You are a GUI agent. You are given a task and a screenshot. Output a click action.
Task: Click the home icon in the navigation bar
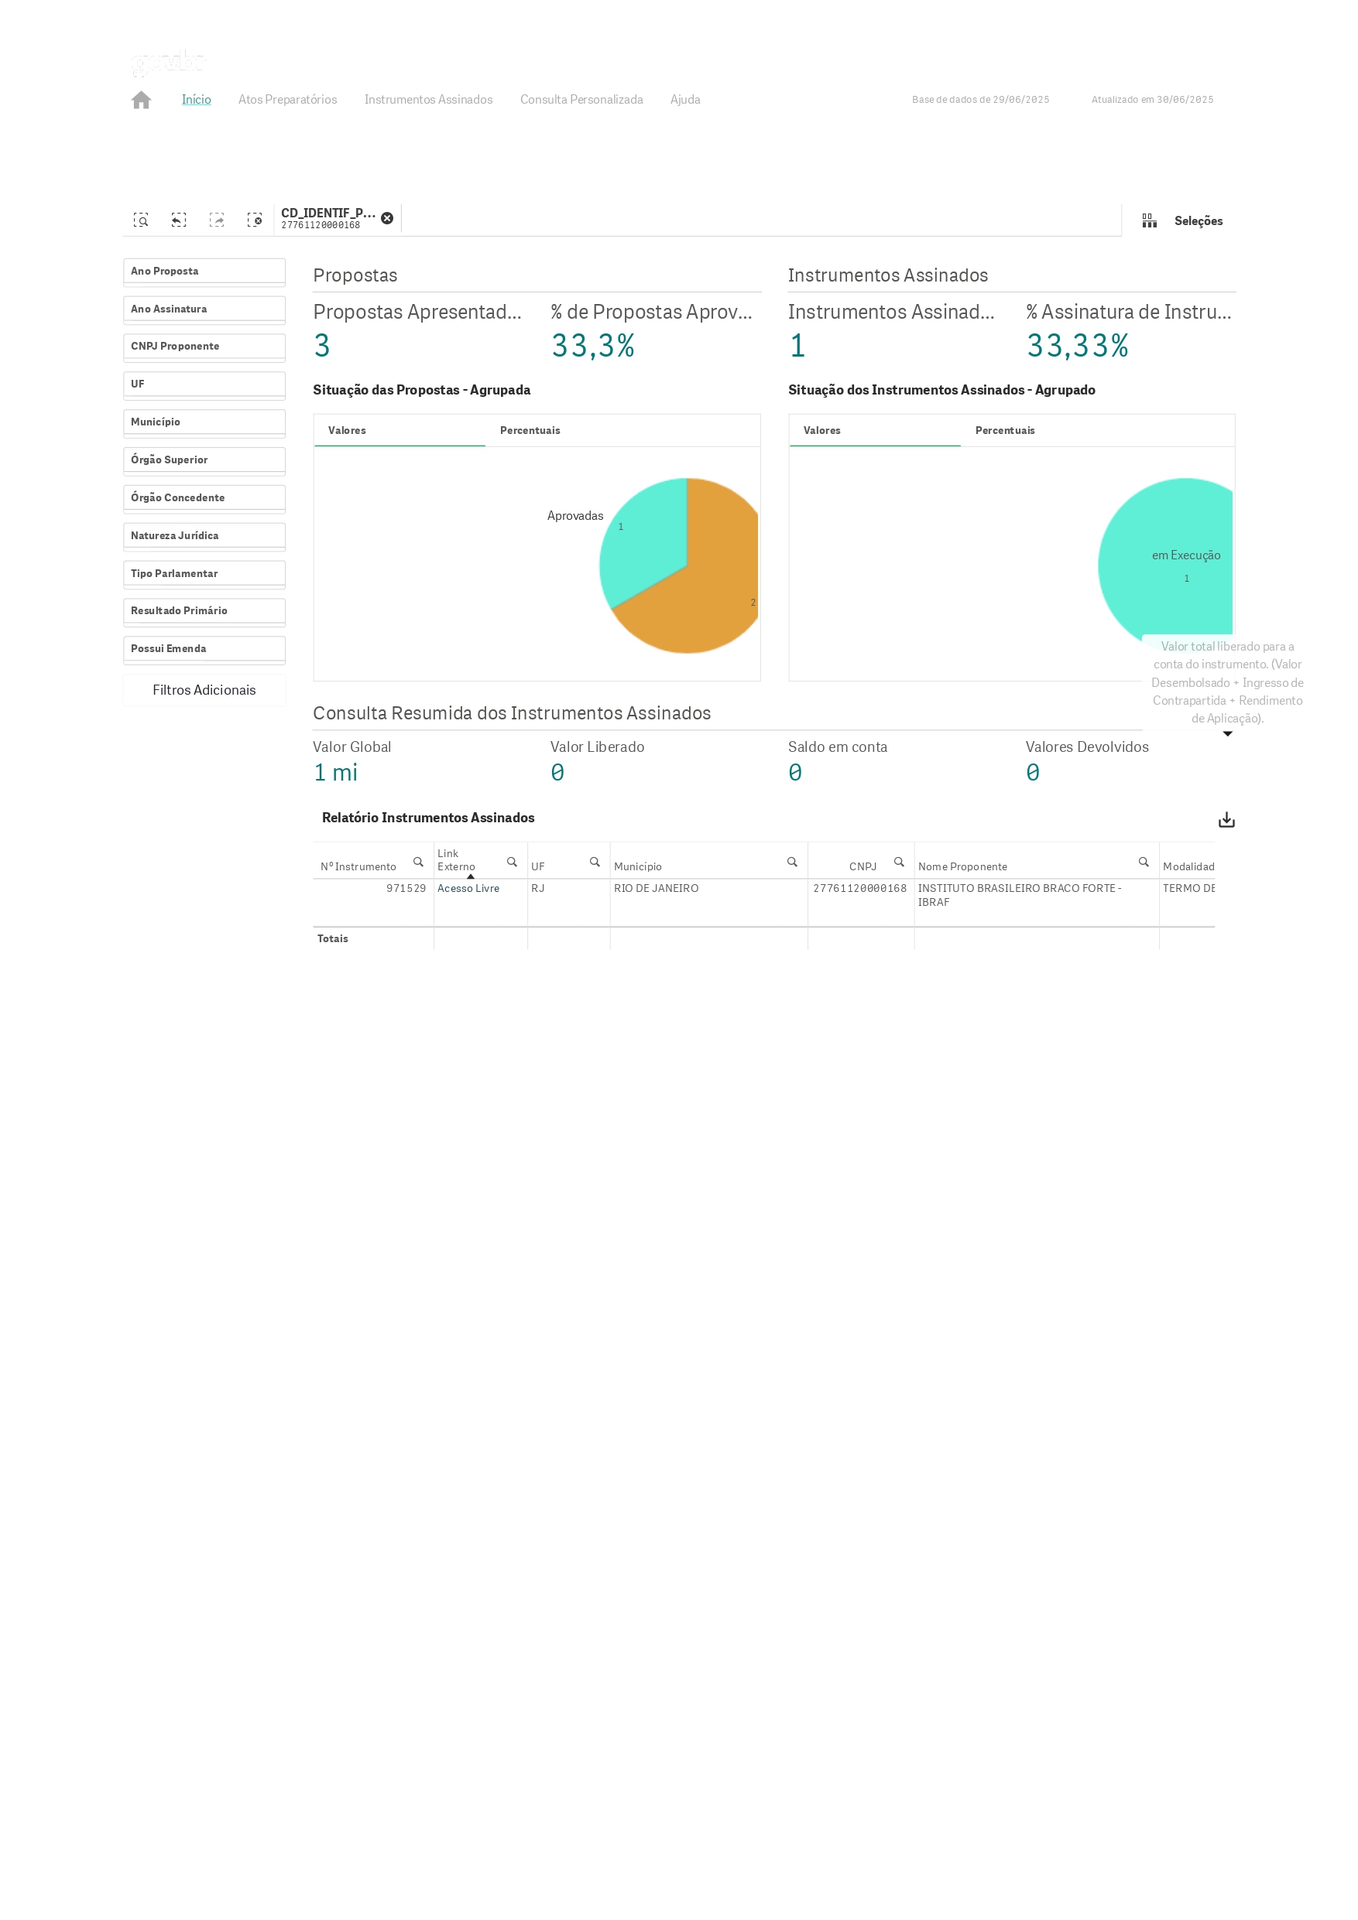[142, 100]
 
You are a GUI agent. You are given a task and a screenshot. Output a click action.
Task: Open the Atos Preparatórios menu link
[287, 100]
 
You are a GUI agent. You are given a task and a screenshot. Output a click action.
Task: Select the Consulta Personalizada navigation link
[581, 100]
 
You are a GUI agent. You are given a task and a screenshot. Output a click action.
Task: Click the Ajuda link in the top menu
[684, 100]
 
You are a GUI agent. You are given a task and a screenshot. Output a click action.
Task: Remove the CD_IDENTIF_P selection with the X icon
[386, 218]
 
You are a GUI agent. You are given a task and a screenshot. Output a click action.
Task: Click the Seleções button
[1183, 220]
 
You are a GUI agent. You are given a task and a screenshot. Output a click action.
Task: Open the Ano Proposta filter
[204, 272]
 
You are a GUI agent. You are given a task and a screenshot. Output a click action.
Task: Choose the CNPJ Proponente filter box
[204, 347]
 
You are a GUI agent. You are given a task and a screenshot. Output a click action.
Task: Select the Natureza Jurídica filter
[204, 536]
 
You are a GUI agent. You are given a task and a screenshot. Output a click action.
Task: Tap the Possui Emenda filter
[204, 649]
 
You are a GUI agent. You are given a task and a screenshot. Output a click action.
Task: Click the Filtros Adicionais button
[204, 690]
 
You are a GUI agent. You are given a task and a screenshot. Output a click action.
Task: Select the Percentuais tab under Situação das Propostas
[530, 431]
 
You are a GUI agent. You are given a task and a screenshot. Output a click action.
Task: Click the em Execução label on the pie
[1185, 555]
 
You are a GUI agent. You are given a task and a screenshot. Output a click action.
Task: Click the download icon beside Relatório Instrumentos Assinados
[1226, 819]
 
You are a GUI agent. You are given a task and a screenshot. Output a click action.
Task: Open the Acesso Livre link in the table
[468, 888]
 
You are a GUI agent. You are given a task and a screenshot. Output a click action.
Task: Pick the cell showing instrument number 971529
[406, 888]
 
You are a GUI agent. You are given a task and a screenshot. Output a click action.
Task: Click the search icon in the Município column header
[791, 863]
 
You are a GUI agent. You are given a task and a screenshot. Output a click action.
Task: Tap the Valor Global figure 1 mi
[335, 773]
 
